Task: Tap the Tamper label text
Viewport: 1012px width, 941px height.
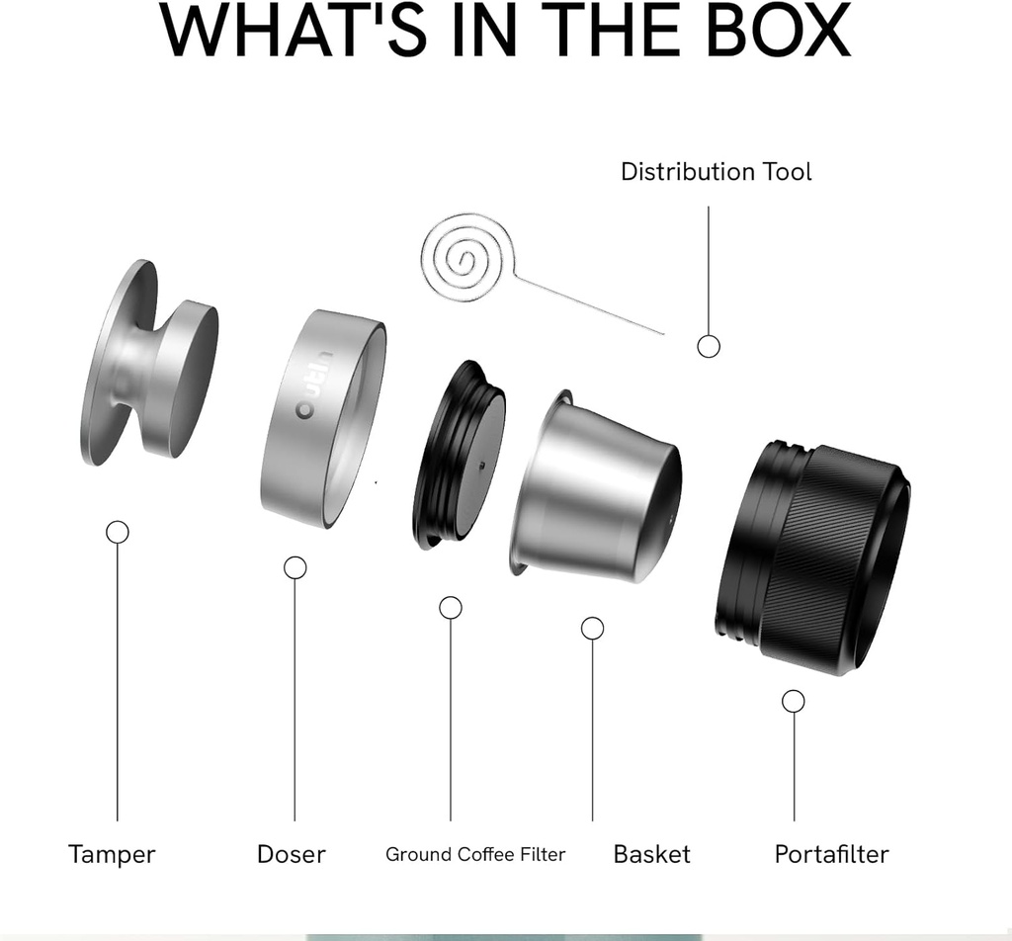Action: (112, 854)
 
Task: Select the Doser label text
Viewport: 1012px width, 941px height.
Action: (291, 854)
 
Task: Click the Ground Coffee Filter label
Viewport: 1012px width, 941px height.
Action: (475, 854)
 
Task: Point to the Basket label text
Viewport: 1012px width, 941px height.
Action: (651, 854)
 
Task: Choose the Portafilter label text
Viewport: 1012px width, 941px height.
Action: (831, 854)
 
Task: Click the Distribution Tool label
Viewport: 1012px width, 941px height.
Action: (716, 171)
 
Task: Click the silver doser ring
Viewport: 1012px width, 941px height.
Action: (321, 420)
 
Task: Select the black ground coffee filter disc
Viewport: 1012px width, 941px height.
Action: (460, 456)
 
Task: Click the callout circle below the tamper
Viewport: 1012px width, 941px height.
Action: (118, 533)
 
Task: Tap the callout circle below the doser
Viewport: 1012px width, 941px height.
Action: (295, 567)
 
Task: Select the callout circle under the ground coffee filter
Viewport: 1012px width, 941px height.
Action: (451, 608)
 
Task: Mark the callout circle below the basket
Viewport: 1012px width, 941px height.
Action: (593, 628)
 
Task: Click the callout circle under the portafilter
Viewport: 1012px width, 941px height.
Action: (793, 701)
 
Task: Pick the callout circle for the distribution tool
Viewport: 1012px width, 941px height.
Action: (709, 346)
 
